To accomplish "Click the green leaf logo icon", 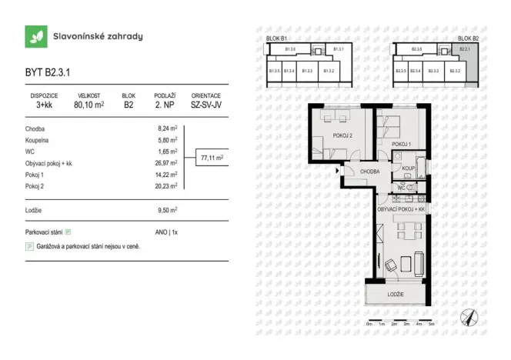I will click(x=35, y=36).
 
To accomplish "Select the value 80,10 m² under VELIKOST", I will click(x=89, y=105).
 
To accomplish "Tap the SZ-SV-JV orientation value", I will click(x=205, y=105).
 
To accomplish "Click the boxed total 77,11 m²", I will click(x=212, y=158).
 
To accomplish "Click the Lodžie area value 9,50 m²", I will click(x=168, y=209).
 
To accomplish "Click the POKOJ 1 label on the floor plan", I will click(x=401, y=144).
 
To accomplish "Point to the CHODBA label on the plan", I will click(x=367, y=172).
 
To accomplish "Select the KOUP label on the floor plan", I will click(x=408, y=168).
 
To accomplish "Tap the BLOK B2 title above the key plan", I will click(x=468, y=38).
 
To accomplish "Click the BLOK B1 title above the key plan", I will click(x=276, y=38).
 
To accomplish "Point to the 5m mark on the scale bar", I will click(x=432, y=325).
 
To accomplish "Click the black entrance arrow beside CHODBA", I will click(x=338, y=171).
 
